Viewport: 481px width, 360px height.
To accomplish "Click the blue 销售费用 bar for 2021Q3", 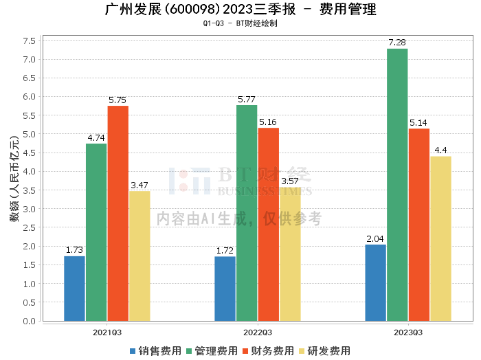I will coord(74,289).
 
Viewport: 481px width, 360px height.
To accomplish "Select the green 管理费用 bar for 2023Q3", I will coord(397,185).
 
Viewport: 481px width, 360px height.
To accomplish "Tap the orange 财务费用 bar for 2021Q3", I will coord(118,213).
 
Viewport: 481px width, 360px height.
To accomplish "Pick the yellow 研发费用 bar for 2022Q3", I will coord(290,254).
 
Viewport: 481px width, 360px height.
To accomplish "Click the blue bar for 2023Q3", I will coord(375,282).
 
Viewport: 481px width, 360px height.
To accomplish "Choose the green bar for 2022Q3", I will coord(247,213).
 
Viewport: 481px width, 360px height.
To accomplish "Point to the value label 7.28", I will coord(397,43).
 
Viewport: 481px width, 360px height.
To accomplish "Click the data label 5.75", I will coord(118,100).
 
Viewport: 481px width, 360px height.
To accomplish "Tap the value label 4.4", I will coord(440,150).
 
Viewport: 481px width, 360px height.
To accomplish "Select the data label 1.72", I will coord(225,251).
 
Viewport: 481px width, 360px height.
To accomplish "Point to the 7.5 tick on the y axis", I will coord(29,41).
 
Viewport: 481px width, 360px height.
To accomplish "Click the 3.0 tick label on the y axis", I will coord(29,209).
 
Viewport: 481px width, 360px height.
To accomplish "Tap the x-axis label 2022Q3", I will coord(258,331).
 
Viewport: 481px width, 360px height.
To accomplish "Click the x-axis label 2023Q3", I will coord(408,331).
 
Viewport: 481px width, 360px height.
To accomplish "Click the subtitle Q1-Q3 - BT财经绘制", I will coord(240,23).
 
